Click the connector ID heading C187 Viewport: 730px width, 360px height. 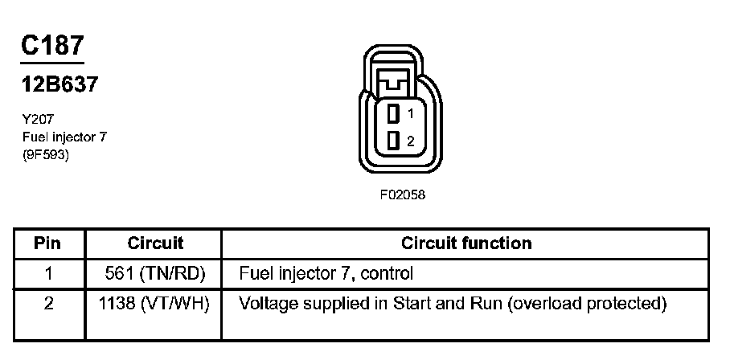(52, 46)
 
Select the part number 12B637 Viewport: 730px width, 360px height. (59, 84)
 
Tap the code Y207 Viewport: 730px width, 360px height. (38, 118)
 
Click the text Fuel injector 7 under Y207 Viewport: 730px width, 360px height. (64, 137)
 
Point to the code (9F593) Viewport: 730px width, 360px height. (46, 156)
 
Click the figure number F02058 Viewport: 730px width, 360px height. (402, 195)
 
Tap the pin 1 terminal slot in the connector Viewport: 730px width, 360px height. (393, 112)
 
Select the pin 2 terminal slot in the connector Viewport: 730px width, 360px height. (393, 141)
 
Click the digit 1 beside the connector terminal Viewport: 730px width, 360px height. (410, 113)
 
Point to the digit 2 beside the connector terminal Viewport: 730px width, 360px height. (410, 141)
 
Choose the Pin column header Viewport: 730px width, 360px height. (48, 243)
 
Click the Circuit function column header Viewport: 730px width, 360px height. (466, 243)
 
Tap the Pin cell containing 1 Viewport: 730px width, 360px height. (48, 273)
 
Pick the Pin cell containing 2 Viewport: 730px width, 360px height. (48, 305)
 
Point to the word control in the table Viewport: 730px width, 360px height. (388, 273)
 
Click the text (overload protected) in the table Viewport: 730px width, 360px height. (589, 305)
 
